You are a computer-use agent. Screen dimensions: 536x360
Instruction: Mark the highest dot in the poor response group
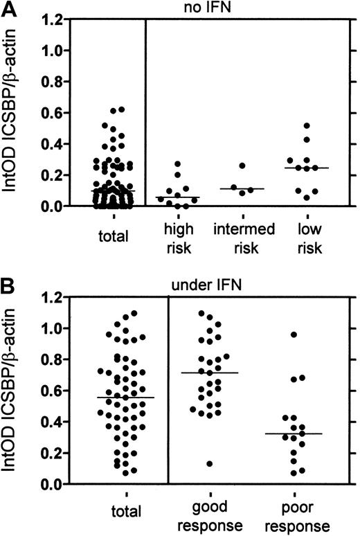pyautogui.click(x=294, y=334)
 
